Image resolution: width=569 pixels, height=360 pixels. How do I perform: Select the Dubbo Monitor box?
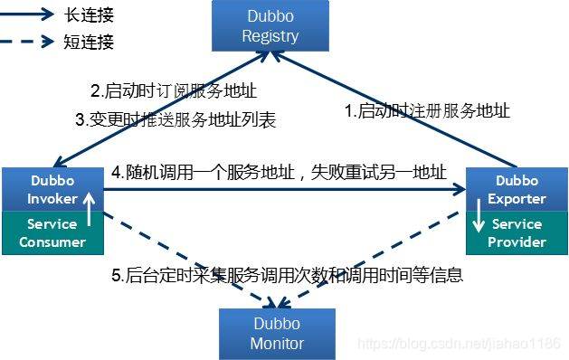277,334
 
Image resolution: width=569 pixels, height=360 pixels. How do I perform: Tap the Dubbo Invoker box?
52,188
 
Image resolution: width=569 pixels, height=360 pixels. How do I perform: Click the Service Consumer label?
52,232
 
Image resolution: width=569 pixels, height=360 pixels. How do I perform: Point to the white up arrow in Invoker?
89,206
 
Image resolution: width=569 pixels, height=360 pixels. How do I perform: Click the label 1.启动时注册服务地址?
429,111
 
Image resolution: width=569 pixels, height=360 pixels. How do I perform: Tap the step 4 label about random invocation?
279,171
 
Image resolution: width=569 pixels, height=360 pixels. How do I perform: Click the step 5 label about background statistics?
287,276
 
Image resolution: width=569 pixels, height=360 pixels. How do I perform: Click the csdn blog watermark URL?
460,345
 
